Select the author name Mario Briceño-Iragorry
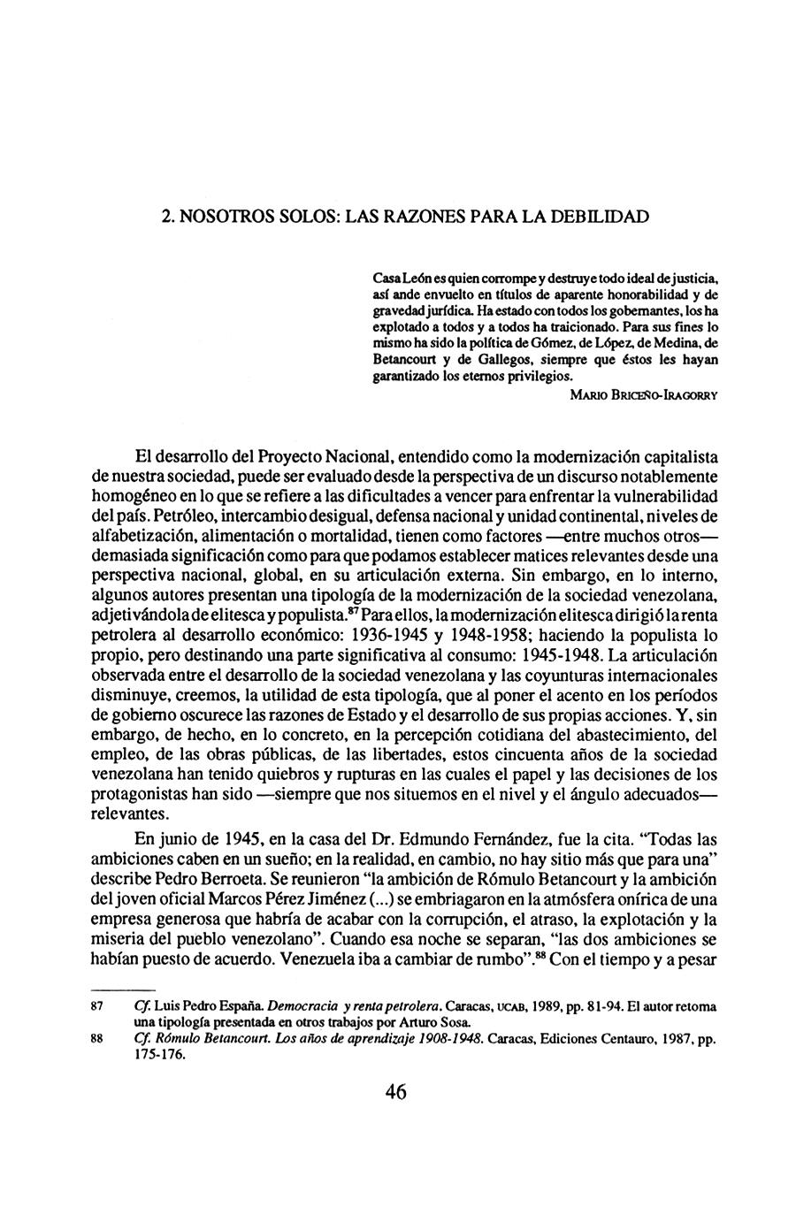tap(643, 395)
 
